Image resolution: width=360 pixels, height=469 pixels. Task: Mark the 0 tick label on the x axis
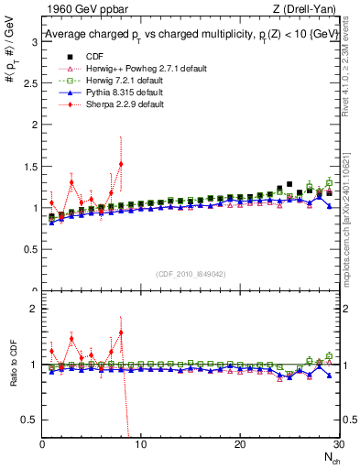tap(42, 444)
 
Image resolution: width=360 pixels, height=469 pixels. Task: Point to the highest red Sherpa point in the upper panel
tap(121, 164)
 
